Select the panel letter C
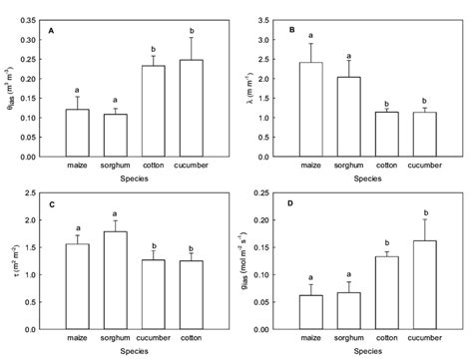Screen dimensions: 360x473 (51, 203)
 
